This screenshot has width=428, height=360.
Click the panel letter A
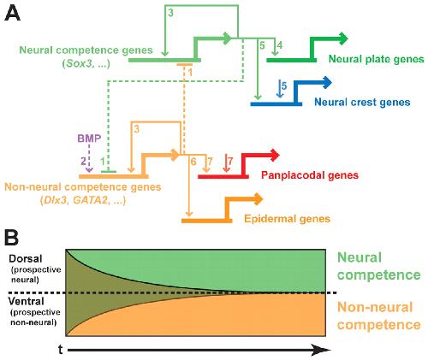[x=13, y=15]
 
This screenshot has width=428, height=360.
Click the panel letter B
[x=11, y=238]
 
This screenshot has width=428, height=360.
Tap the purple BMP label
[x=89, y=139]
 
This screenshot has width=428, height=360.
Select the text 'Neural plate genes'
[x=377, y=59]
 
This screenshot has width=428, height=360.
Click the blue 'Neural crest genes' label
[x=362, y=102]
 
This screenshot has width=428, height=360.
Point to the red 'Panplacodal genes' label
[x=310, y=175]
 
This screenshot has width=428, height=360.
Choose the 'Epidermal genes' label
[x=288, y=219]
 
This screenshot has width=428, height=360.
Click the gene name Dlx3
[x=55, y=200]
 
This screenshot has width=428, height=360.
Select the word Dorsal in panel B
[x=26, y=259]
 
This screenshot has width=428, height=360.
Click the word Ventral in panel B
[x=27, y=301]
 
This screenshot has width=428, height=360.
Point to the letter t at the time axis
[x=61, y=350]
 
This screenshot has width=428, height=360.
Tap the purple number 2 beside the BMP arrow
[x=83, y=162]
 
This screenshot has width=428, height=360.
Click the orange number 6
[x=193, y=162]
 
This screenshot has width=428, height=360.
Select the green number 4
[x=280, y=45]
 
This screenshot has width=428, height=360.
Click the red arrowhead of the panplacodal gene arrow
[x=275, y=156]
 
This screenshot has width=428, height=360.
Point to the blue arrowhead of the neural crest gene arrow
[x=327, y=83]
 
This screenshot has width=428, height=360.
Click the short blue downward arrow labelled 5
[x=280, y=89]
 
